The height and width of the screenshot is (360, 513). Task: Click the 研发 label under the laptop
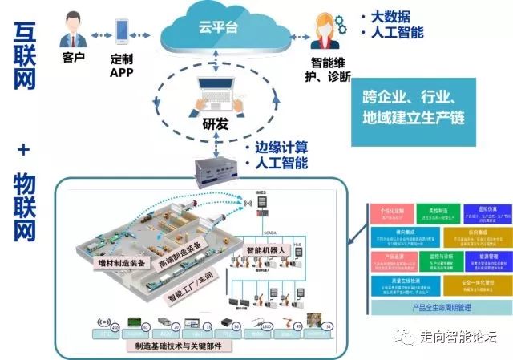click(216, 124)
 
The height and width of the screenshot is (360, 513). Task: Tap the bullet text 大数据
click(385, 16)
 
